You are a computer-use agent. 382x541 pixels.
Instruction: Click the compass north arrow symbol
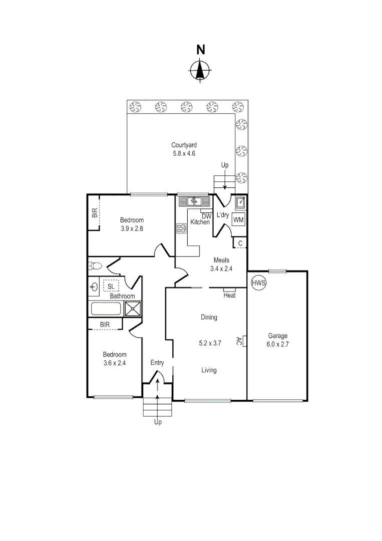[x=200, y=70]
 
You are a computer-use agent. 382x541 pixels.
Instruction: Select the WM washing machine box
[x=239, y=219]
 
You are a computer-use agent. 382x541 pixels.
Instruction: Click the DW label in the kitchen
[x=207, y=216]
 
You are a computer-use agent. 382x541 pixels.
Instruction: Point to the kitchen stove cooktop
[x=181, y=229]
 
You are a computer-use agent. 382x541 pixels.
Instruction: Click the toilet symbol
[x=96, y=266]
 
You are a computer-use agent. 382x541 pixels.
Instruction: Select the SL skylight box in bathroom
[x=110, y=286]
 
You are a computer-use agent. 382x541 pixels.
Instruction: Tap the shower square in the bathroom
[x=133, y=309]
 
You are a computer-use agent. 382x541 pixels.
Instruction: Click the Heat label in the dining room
[x=230, y=296]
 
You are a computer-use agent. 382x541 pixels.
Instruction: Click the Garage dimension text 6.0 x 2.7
[x=277, y=344]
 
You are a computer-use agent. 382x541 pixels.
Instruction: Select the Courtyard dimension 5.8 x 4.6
[x=180, y=153]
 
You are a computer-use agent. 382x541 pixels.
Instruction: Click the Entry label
[x=157, y=363]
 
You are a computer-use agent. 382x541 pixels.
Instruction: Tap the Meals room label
[x=221, y=260]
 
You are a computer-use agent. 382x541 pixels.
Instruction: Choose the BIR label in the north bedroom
[x=95, y=213]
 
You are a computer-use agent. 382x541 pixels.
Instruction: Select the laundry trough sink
[x=240, y=202]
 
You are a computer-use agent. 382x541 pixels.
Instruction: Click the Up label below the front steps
[x=158, y=422]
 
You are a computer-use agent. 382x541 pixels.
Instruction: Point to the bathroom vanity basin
[x=94, y=287]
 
